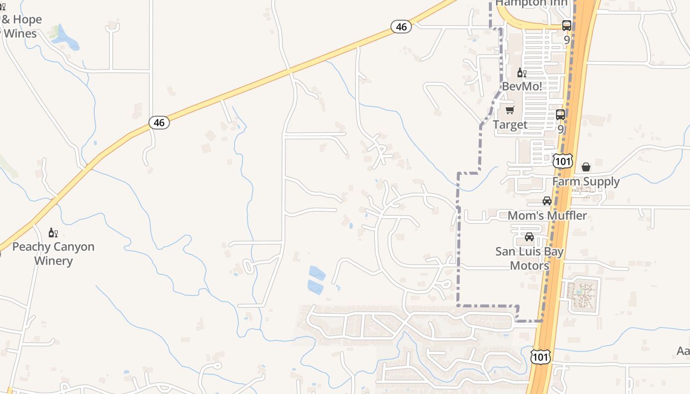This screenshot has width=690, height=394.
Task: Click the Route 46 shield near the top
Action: [401, 27]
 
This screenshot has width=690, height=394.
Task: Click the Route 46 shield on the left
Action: [159, 123]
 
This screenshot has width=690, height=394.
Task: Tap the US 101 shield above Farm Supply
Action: [562, 161]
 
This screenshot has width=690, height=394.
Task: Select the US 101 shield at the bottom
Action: [541, 357]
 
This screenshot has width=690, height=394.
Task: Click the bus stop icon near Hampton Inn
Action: [567, 26]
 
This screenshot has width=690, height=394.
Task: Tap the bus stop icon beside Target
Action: [560, 115]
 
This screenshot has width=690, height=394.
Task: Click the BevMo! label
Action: [522, 86]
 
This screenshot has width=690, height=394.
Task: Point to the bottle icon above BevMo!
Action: [521, 73]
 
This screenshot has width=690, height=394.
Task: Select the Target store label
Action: [510, 125]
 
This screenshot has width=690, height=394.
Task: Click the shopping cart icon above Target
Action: [510, 110]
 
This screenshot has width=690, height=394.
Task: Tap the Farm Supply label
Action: [586, 181]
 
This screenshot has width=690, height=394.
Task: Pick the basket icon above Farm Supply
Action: [586, 167]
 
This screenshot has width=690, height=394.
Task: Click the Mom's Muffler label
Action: [547, 215]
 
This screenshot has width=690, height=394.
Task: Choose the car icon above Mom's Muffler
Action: [547, 201]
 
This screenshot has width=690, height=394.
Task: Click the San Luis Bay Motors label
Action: [529, 259]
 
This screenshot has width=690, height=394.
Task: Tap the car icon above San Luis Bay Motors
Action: [529, 237]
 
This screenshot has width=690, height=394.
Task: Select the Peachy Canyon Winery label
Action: [53, 254]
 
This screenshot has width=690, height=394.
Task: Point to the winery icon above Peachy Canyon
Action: [53, 232]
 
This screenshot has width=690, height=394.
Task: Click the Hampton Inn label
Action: [532, 3]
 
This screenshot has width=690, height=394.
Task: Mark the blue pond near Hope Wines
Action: [69, 39]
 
